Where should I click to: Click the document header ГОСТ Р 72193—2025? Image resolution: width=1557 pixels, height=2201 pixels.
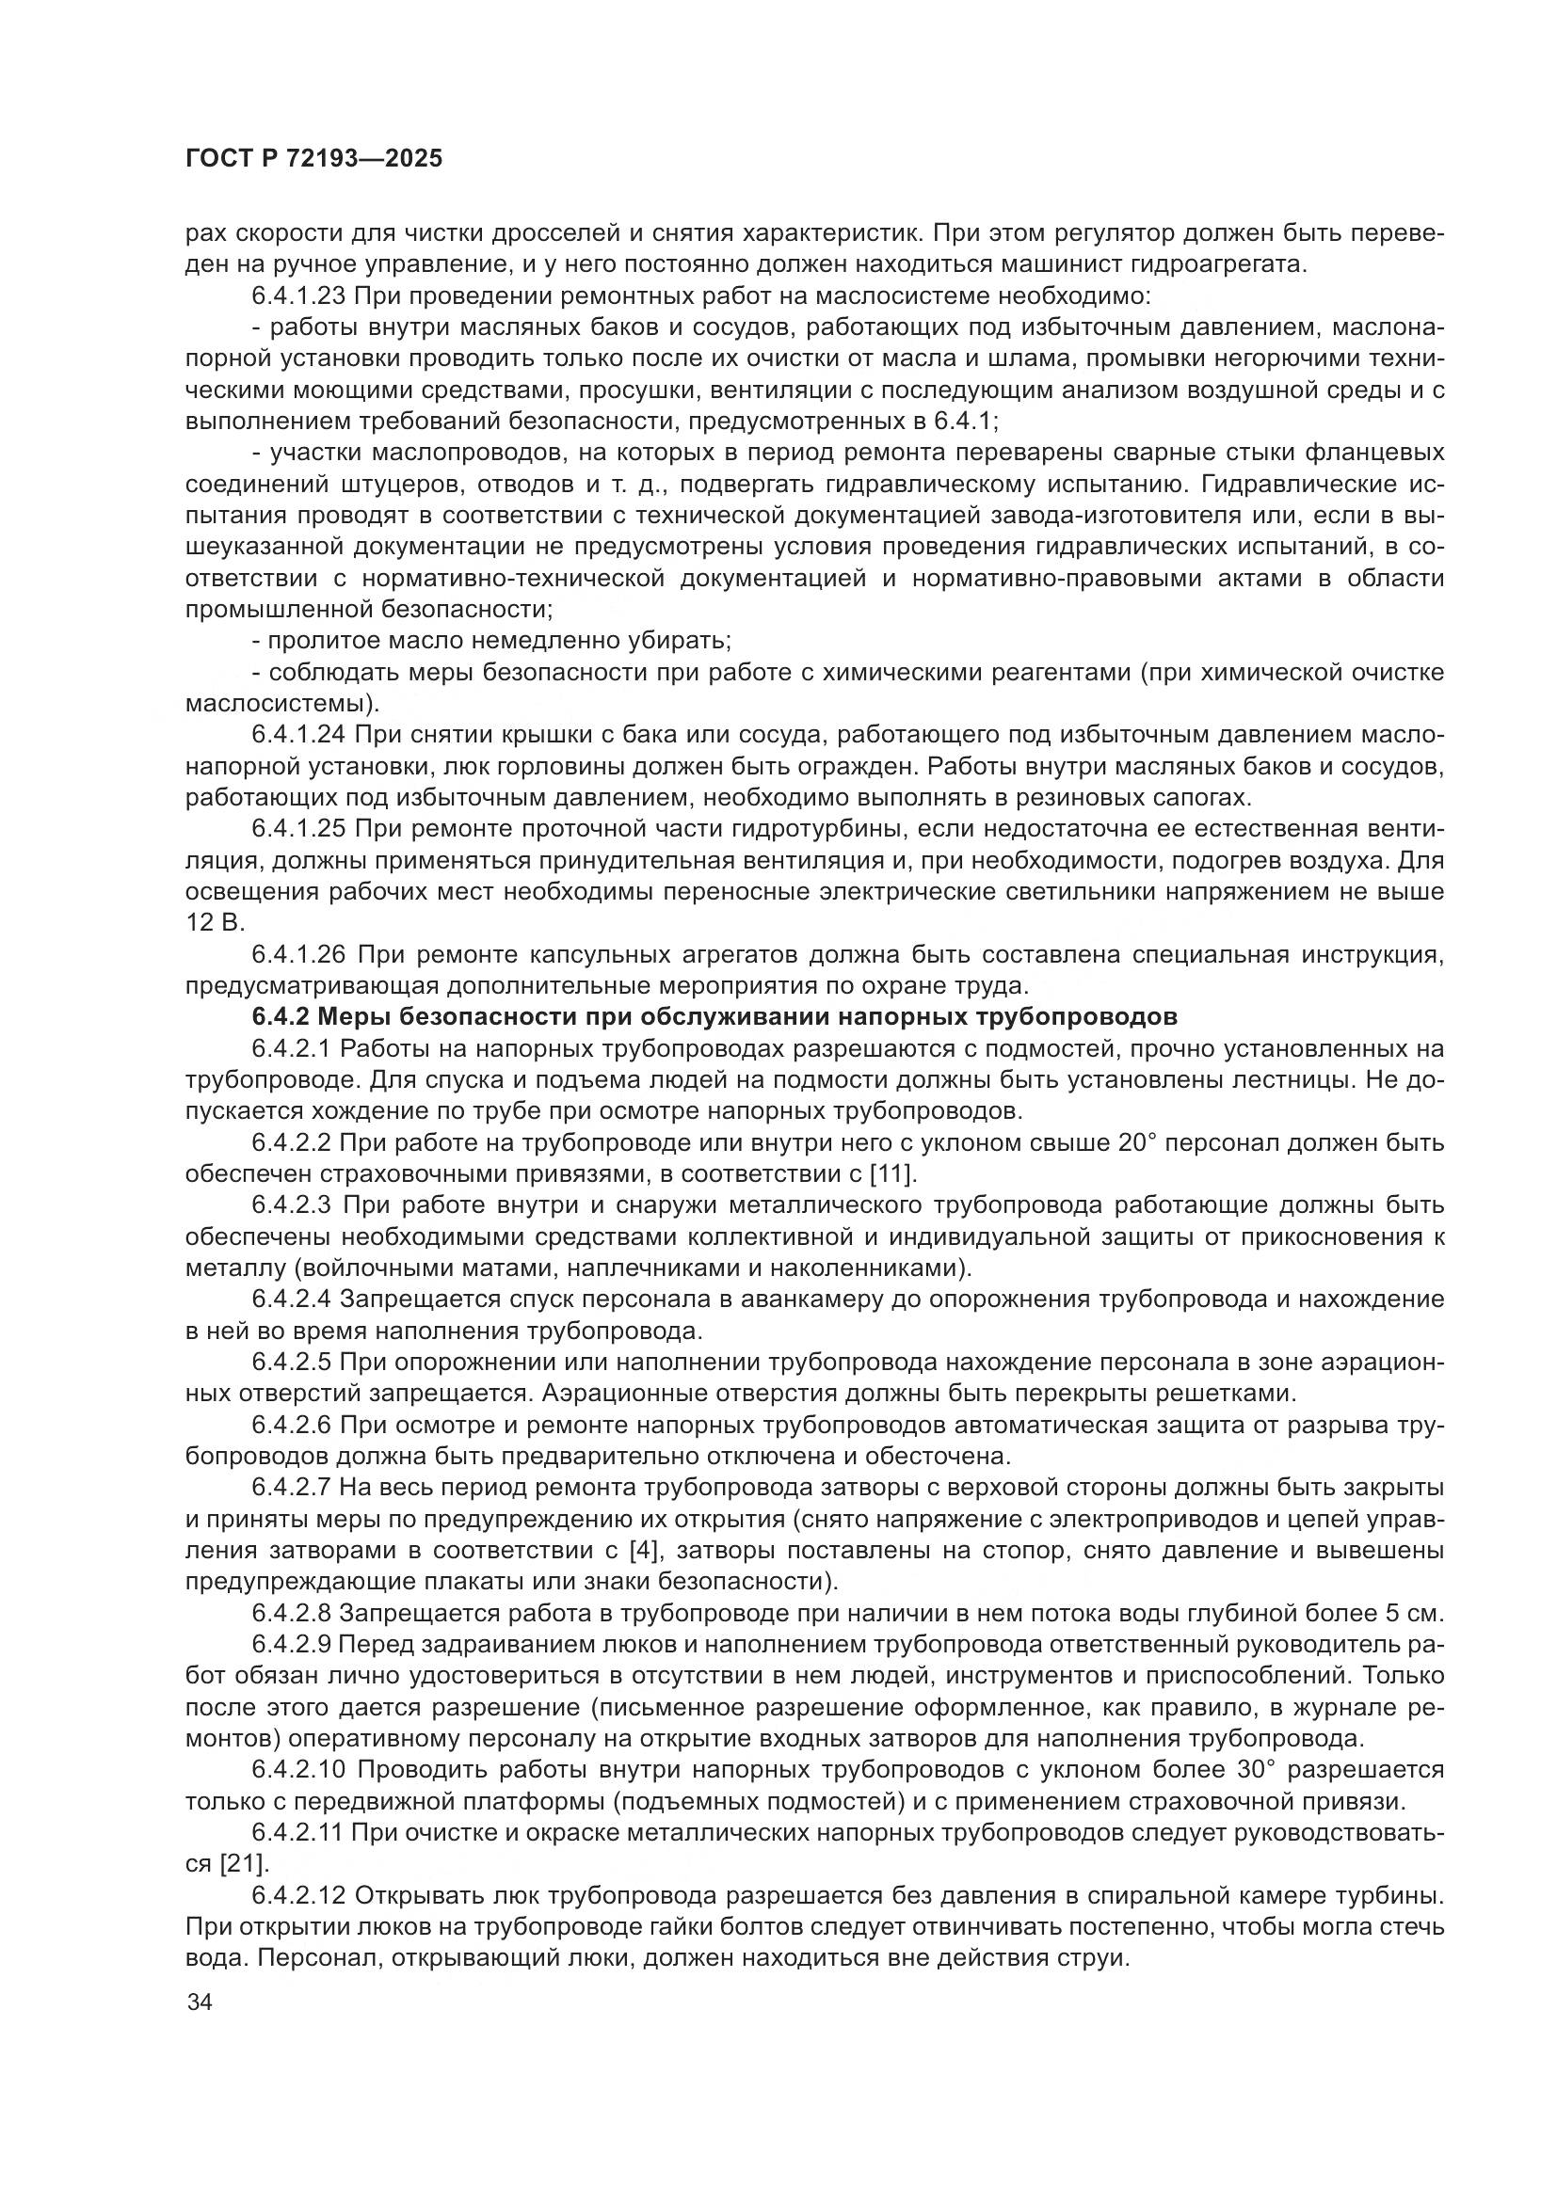[313, 159]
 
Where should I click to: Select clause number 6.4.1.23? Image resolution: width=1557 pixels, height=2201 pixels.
[299, 296]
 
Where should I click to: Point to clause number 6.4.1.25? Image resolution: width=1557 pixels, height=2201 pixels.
[299, 828]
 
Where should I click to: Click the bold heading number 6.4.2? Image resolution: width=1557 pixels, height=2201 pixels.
[276, 1016]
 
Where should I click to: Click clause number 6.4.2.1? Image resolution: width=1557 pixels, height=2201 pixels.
[292, 1047]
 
